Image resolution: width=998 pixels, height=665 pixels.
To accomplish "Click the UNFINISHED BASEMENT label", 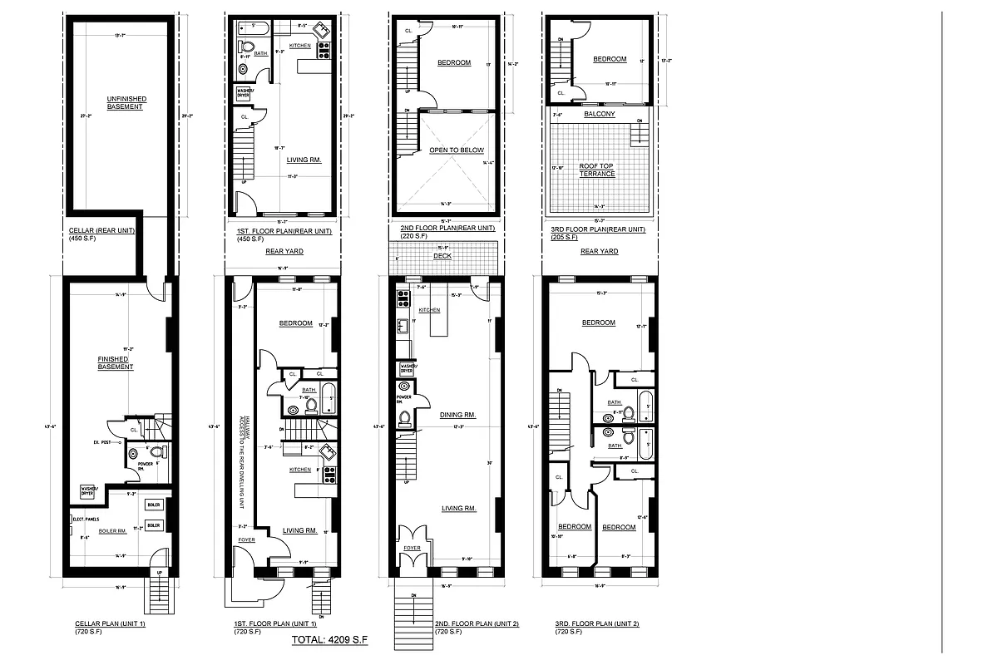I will pos(125,103).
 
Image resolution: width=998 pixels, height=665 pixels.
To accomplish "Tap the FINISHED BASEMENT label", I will pos(116,363).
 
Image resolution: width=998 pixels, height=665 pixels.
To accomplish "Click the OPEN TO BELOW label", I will pos(450,150).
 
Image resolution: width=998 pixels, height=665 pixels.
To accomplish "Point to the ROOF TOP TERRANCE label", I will pos(597,170).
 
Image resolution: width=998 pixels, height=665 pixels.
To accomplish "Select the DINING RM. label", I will pos(457,414).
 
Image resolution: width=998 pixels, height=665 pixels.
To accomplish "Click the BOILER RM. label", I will pos(112,530).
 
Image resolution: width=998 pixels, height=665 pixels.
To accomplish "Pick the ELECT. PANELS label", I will pos(87,519).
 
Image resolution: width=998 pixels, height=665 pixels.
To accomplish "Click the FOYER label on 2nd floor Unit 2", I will pos(413,548).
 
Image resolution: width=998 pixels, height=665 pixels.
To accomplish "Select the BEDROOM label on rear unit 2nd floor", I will pos(454,63).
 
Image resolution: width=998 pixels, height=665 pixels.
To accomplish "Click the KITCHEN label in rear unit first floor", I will pos(301,45).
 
